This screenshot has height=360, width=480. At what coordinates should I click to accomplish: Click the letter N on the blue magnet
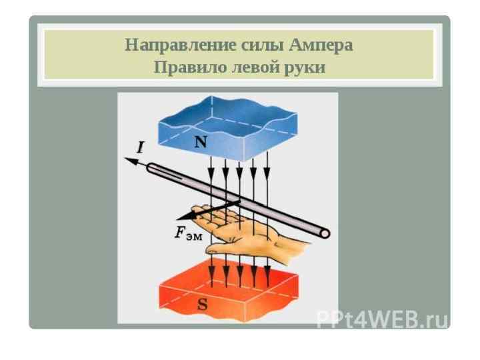coord(200,142)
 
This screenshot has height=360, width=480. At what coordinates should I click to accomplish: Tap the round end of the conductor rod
coord(325,233)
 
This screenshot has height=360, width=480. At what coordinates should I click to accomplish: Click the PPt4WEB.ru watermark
coord(381,320)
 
